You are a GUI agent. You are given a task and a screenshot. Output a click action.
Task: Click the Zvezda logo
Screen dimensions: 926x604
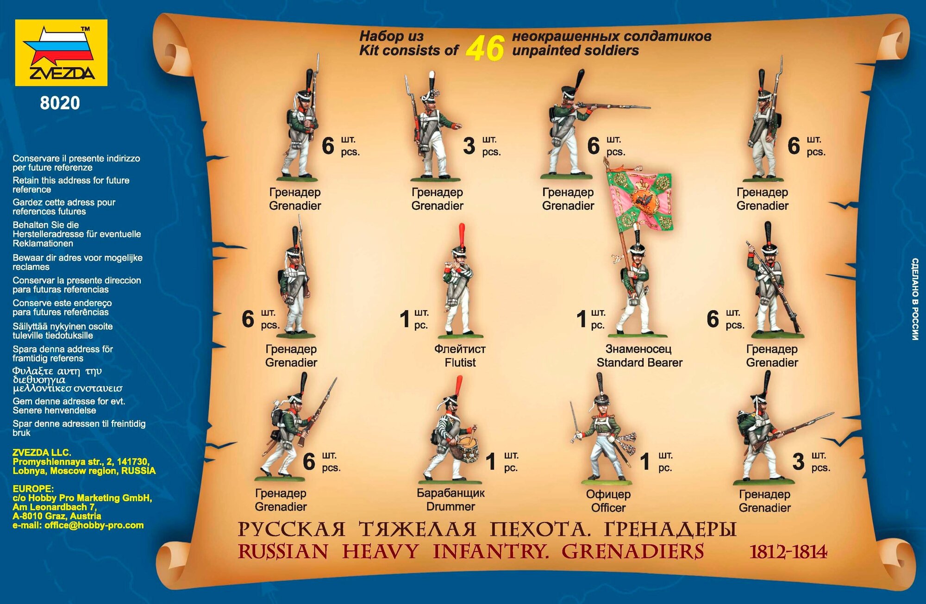pyautogui.click(x=61, y=53)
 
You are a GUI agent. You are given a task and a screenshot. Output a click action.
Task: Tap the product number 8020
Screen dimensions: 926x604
pyautogui.click(x=60, y=103)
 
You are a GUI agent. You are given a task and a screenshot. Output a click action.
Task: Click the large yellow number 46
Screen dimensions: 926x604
pyautogui.click(x=485, y=48)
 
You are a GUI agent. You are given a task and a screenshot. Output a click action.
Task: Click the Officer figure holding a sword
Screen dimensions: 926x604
pyautogui.click(x=604, y=435)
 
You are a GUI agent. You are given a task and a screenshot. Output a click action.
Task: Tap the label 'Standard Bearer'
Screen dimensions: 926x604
pyautogui.click(x=639, y=362)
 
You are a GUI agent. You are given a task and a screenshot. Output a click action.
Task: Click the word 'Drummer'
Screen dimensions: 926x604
pyautogui.click(x=450, y=506)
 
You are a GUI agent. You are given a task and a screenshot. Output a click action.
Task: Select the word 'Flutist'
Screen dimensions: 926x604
pyautogui.click(x=460, y=362)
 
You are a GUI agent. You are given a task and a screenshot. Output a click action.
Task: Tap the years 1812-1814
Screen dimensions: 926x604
pyautogui.click(x=788, y=552)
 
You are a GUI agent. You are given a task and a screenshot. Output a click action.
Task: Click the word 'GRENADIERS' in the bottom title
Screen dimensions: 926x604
pyautogui.click(x=632, y=552)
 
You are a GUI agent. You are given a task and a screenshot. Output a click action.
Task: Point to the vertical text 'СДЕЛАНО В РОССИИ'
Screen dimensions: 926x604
pyautogui.click(x=915, y=299)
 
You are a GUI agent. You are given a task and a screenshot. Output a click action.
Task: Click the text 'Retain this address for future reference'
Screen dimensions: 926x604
pyautogui.click(x=71, y=185)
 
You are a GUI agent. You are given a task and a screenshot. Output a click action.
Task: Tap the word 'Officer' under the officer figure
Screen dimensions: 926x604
pyautogui.click(x=608, y=508)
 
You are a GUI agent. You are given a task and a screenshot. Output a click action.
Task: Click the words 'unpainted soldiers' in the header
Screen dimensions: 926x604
pyautogui.click(x=575, y=50)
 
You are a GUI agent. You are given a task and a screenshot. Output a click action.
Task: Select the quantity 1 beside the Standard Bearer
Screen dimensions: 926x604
pyautogui.click(x=582, y=319)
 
